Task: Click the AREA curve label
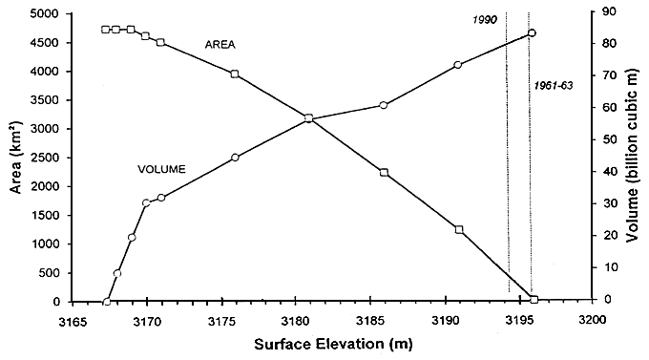coord(220,44)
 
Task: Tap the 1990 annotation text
coord(487,20)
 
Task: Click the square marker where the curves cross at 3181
coord(308,118)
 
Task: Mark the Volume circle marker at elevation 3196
coord(532,33)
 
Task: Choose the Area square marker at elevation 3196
coord(534,300)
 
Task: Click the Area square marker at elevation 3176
coord(235,74)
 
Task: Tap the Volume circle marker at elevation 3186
coord(383,105)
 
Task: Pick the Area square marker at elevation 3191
coord(459,229)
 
